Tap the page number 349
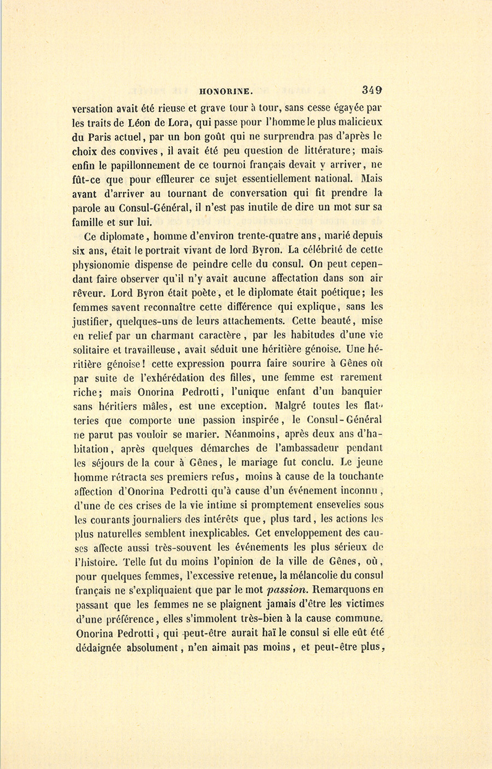click(x=371, y=91)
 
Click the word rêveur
click(x=87, y=293)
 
